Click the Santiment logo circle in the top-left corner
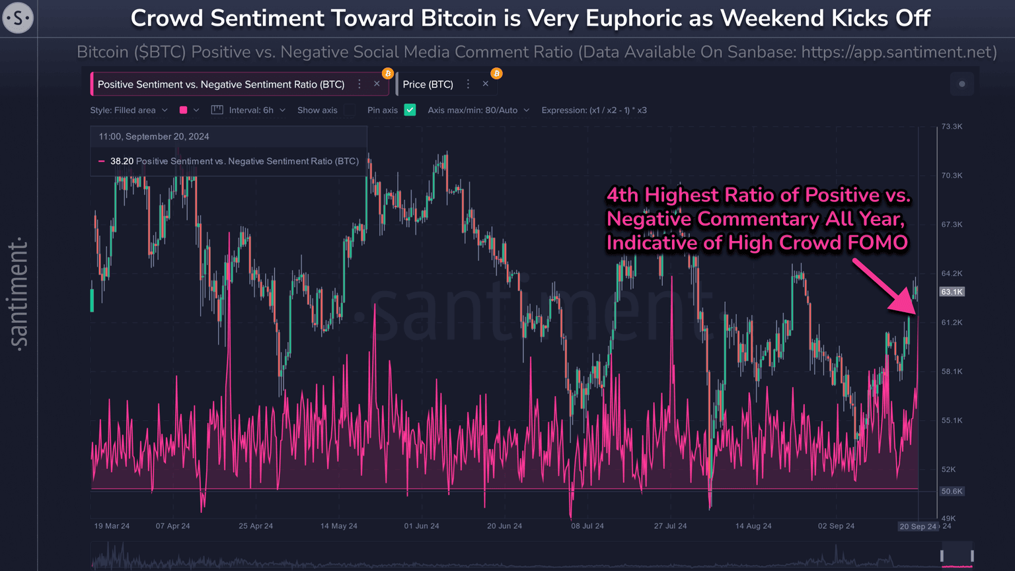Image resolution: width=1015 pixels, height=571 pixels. (18, 18)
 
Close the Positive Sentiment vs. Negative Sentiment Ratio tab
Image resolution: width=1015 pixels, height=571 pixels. (377, 84)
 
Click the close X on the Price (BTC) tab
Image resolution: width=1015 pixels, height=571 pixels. (486, 84)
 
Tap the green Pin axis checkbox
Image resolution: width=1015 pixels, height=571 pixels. (410, 110)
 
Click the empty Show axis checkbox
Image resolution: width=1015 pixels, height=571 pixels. (350, 110)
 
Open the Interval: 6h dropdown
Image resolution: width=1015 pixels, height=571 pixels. (256, 110)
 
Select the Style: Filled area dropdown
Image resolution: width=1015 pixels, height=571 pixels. (129, 110)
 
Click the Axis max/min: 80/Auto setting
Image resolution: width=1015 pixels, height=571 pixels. (478, 110)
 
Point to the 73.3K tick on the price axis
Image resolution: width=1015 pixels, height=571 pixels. (952, 126)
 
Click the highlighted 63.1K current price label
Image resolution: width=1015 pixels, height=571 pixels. (952, 292)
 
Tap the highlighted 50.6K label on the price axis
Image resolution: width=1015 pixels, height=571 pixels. (952, 491)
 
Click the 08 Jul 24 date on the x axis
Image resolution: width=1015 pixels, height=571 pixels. (587, 526)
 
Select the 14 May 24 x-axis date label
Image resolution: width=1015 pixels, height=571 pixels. (338, 526)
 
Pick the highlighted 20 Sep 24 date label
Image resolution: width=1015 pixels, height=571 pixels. (918, 526)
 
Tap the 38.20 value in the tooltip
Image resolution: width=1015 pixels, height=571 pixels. (122, 161)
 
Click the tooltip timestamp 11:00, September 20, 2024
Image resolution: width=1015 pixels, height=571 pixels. (154, 137)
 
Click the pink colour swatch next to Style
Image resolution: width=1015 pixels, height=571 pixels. (184, 110)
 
